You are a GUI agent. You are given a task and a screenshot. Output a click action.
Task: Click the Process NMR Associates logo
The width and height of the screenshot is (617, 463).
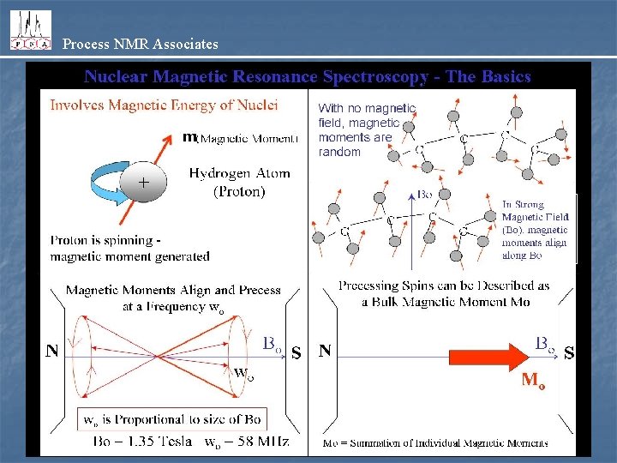click(x=30, y=31)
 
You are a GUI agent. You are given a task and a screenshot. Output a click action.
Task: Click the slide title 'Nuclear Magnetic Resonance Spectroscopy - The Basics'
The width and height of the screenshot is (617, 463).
click(x=308, y=76)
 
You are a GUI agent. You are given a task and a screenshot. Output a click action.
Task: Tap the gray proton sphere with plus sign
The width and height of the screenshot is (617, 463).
click(x=142, y=182)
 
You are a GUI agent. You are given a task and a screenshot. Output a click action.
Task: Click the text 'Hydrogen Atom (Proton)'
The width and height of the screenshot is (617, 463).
click(x=239, y=182)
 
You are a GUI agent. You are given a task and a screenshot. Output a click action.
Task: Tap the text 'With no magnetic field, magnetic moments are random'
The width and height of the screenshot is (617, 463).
click(x=366, y=129)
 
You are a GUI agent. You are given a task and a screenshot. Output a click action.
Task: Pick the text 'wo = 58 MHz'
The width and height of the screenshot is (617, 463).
click(x=247, y=442)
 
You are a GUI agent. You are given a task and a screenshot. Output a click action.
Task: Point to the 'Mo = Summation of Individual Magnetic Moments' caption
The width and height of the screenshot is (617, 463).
click(x=434, y=443)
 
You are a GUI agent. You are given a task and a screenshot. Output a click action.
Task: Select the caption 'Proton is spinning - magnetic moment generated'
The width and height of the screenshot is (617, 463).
click(x=129, y=248)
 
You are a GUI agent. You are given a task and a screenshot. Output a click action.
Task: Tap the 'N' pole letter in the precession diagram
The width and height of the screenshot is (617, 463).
click(x=53, y=351)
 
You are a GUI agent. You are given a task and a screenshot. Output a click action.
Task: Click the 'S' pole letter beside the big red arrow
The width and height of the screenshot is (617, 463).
click(x=568, y=352)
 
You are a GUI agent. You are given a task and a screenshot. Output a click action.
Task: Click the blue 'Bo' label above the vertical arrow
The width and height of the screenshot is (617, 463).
click(x=425, y=195)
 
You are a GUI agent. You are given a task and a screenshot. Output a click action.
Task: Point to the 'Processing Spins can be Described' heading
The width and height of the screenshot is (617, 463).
click(x=444, y=292)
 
